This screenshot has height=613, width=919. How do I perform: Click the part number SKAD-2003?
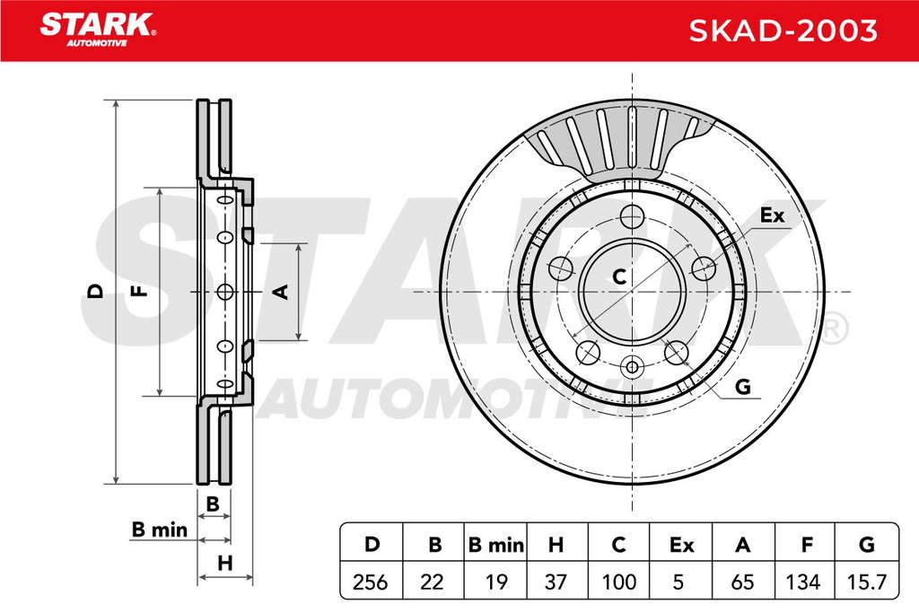[783, 31]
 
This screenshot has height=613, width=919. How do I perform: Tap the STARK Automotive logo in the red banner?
[98, 30]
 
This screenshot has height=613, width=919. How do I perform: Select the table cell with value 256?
[371, 582]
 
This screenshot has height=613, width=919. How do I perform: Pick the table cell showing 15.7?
[867, 582]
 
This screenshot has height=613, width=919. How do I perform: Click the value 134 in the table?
[803, 582]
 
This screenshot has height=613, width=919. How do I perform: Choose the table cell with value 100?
[619, 582]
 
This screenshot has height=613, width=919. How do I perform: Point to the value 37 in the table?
[556, 582]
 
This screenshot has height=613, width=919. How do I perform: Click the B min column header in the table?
[495, 545]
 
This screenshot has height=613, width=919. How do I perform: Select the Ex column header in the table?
[681, 545]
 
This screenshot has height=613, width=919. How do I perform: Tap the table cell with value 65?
[742, 582]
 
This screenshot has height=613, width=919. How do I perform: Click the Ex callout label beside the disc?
[772, 215]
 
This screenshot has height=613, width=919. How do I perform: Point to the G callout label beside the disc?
[742, 387]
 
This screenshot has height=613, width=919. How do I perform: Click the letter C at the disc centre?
[619, 276]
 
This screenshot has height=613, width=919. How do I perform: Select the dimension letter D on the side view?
[95, 292]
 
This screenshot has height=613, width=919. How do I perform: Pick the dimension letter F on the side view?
[139, 291]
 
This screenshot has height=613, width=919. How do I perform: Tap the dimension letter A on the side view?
[282, 292]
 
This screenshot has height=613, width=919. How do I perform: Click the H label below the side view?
[225, 563]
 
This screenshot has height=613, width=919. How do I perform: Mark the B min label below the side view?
[160, 530]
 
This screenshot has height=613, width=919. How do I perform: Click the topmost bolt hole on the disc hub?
[632, 216]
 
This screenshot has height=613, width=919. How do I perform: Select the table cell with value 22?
[433, 582]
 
